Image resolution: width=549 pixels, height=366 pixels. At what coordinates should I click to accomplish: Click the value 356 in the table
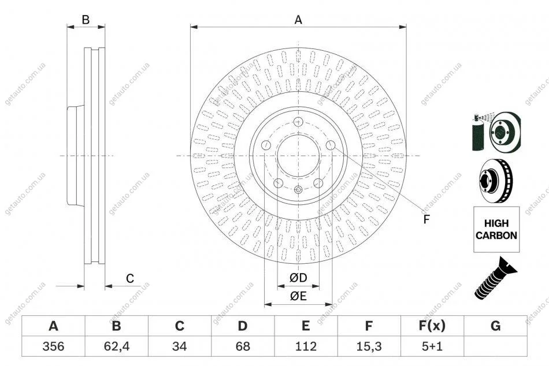tap(53, 346)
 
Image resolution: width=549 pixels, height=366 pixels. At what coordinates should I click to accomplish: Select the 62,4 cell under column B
tap(117, 346)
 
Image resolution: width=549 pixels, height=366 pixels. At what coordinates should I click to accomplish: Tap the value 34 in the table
tap(179, 346)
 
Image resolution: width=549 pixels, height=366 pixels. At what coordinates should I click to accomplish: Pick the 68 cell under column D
tap(243, 346)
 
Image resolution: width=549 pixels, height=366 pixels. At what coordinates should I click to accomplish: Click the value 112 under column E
tap(306, 346)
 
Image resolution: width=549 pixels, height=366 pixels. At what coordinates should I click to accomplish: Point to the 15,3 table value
tap(369, 346)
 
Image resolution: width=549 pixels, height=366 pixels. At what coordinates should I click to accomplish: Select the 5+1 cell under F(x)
tap(432, 346)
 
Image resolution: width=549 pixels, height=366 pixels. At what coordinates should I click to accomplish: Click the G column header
tap(495, 326)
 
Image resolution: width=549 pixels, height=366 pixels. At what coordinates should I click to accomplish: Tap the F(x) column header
tap(432, 326)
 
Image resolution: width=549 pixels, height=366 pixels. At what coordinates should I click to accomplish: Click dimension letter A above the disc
tap(298, 20)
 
